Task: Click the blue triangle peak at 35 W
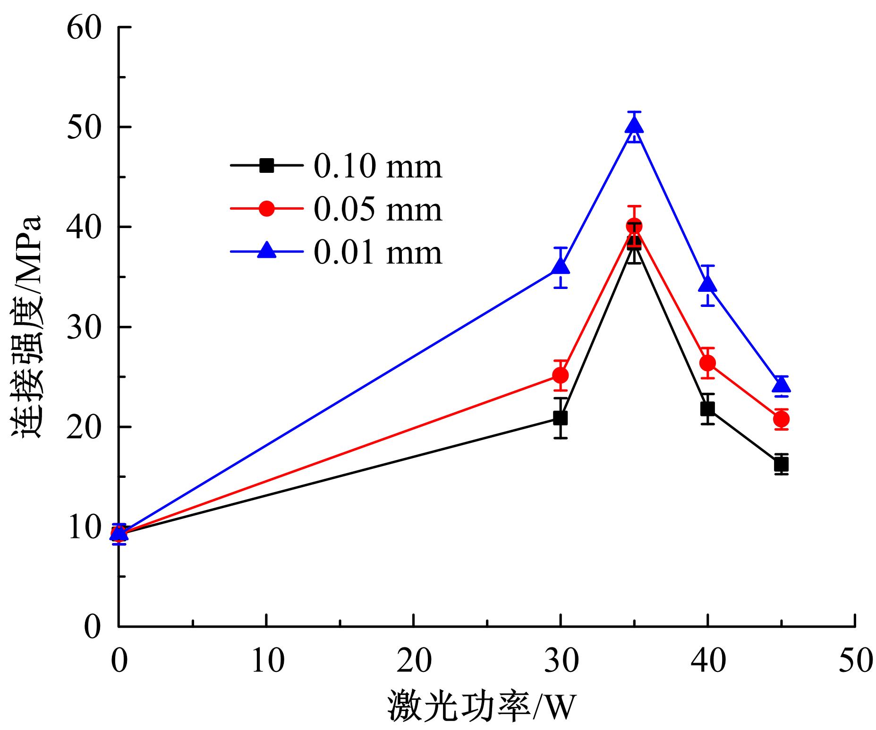634,125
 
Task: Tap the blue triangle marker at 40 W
707,284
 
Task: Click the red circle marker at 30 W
561,375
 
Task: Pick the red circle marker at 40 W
707,363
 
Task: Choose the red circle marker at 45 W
782,419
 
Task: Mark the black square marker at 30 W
561,418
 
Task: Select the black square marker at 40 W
707,408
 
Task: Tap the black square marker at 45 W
782,465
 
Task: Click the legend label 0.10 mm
378,166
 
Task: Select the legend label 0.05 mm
378,209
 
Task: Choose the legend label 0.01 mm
378,252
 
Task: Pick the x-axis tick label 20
414,660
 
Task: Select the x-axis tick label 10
267,660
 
